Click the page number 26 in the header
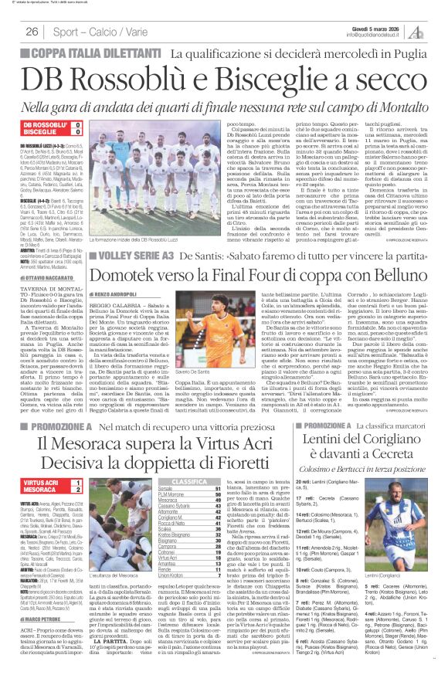click(32, 32)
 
